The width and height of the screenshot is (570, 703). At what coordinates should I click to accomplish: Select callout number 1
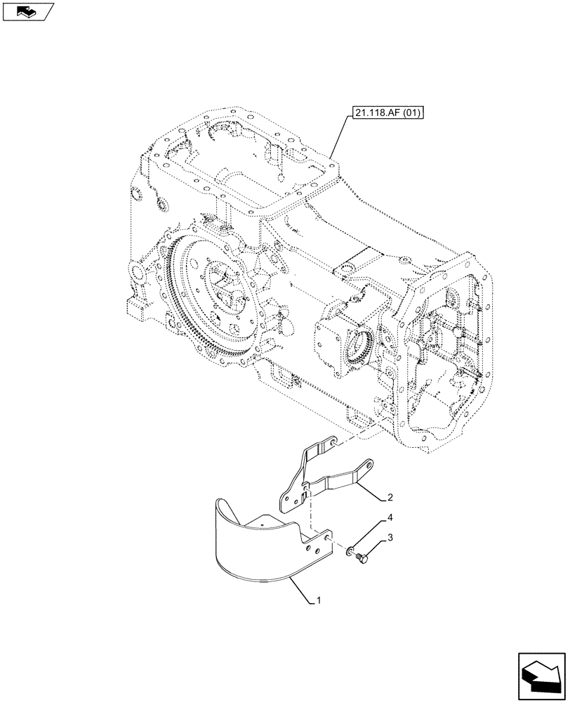point(319,601)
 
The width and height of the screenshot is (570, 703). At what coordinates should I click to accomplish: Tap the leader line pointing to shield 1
point(302,590)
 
